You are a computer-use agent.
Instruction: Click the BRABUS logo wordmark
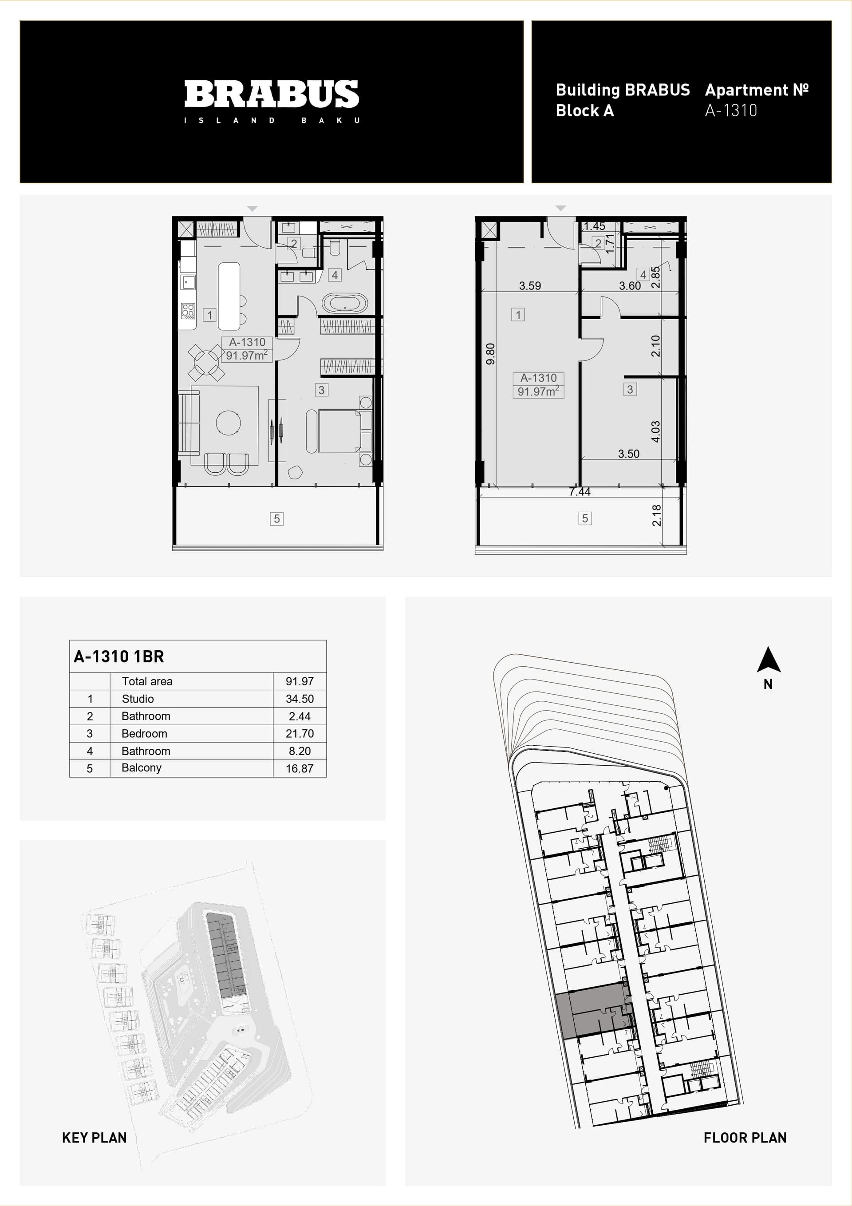[272, 94]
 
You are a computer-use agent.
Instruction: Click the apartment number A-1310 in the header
[731, 111]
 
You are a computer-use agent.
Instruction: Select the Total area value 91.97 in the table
[300, 681]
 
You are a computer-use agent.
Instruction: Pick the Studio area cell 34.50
[300, 699]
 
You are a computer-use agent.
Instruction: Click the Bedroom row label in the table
[145, 733]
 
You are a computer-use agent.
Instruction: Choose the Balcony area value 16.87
[300, 768]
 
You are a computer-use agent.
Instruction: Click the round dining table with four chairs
[206, 363]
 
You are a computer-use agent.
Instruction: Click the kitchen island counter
[229, 296]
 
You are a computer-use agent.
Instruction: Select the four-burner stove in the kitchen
[188, 311]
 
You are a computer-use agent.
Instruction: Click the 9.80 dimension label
[490, 354]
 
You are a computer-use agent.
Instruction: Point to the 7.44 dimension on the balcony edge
[580, 492]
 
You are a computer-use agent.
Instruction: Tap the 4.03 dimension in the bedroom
[655, 431]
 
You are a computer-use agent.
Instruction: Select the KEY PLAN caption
[95, 1138]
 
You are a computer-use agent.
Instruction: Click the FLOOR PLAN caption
[745, 1138]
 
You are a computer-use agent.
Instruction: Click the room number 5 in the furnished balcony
[277, 519]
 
